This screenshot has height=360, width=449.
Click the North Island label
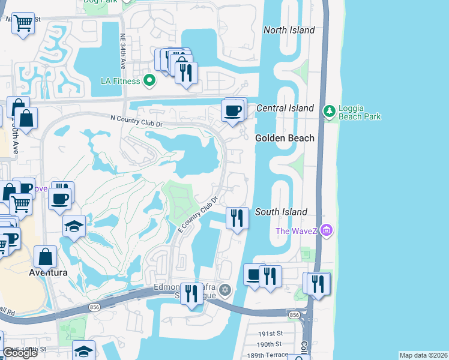(x=289, y=30)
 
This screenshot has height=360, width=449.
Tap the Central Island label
(x=285, y=108)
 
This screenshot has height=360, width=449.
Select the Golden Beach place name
(x=285, y=138)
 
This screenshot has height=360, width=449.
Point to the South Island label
(x=281, y=212)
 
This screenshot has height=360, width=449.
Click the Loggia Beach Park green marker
(x=328, y=111)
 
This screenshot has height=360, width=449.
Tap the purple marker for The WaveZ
(x=327, y=230)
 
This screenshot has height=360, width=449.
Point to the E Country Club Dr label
(x=197, y=215)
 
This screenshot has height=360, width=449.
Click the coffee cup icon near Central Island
(x=233, y=110)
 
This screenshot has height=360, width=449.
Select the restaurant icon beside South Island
(x=237, y=218)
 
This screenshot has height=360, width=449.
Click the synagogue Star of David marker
(x=225, y=290)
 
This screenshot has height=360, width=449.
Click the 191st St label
(x=270, y=334)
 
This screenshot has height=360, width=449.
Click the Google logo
(x=20, y=353)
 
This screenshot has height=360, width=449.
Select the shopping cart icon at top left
(x=23, y=23)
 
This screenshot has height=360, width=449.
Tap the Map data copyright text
(x=423, y=355)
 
